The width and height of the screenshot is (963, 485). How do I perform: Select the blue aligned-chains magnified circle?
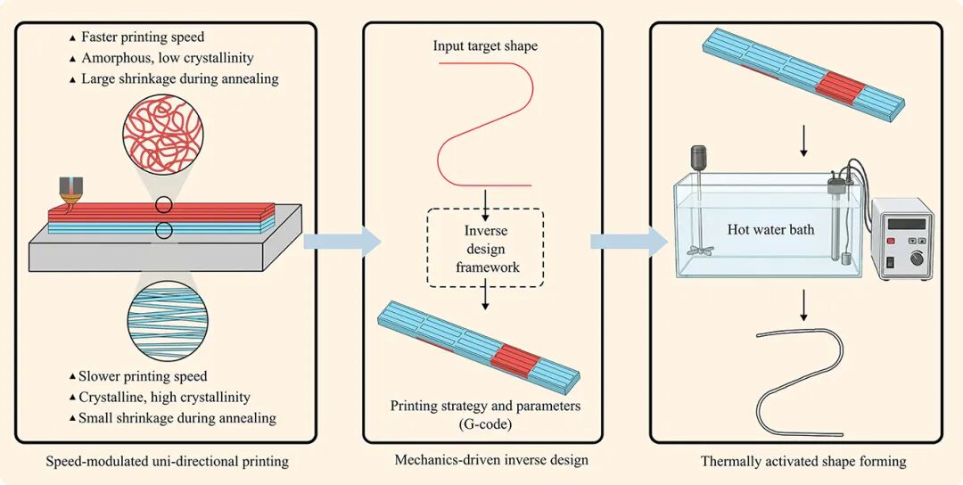click(x=167, y=320)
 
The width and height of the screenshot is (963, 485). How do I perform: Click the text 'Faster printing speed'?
click(x=143, y=37)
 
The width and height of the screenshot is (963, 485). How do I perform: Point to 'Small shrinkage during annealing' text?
click(x=177, y=418)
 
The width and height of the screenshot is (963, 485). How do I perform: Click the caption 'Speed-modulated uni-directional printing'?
click(x=167, y=460)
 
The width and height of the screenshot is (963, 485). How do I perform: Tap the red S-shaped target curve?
click(x=485, y=123)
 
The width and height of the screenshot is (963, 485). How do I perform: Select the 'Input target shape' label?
click(x=484, y=46)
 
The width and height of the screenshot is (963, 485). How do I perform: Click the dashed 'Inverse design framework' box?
click(x=485, y=249)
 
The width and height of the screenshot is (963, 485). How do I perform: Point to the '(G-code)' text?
click(x=484, y=423)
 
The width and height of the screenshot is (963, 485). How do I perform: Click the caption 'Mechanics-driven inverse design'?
click(x=491, y=460)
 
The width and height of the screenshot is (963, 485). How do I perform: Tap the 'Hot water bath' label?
click(x=770, y=230)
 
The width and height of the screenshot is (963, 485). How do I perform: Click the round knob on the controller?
click(x=917, y=259)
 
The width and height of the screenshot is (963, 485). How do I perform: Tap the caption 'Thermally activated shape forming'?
click(x=803, y=461)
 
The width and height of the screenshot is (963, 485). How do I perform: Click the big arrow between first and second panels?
click(x=342, y=242)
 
